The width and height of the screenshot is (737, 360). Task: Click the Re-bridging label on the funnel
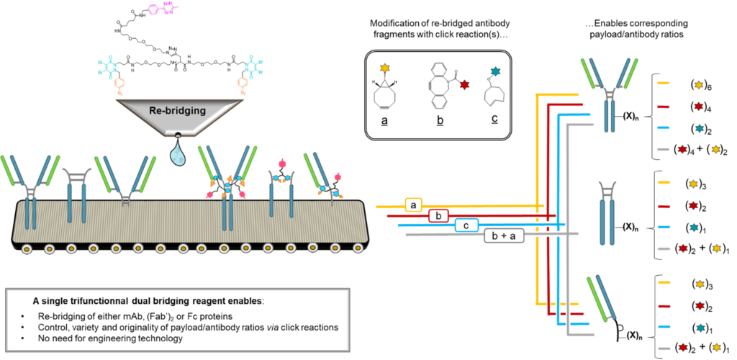[x=177, y=111]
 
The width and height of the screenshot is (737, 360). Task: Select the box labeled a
[x=413, y=205]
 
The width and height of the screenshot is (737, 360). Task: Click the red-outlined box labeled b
[x=438, y=215]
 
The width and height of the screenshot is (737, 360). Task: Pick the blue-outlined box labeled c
[x=466, y=225]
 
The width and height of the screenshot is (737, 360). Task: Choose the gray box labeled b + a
[x=504, y=235]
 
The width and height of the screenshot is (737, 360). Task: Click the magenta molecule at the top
[x=163, y=9]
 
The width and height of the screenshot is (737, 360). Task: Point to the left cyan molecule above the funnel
[x=107, y=66]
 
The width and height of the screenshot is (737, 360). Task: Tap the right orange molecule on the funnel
[x=243, y=85]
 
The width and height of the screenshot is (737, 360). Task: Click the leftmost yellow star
[x=385, y=68]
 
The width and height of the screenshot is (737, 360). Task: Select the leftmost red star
[x=464, y=85]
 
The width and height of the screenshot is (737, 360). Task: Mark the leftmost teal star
[x=495, y=71]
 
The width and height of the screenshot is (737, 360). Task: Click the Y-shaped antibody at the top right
[x=610, y=94]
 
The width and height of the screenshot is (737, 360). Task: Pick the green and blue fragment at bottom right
[x=601, y=297]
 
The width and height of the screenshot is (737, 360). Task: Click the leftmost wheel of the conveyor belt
[x=27, y=249]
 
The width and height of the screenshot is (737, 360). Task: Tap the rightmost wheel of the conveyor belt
[x=358, y=248]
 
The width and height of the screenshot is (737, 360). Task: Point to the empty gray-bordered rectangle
[x=177, y=320]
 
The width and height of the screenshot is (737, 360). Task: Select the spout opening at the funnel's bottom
[x=178, y=135]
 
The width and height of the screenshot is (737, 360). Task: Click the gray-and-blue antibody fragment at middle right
[x=607, y=212]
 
